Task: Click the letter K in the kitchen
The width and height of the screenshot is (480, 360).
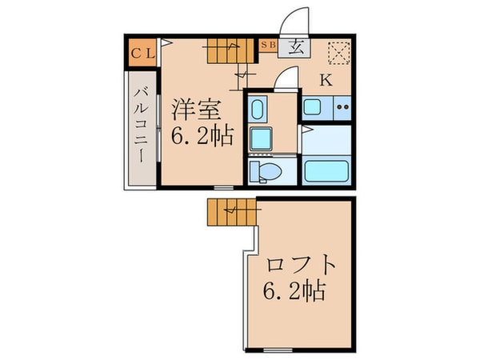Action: click(x=327, y=79)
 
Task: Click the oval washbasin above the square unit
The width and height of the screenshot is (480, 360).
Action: click(x=258, y=110)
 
